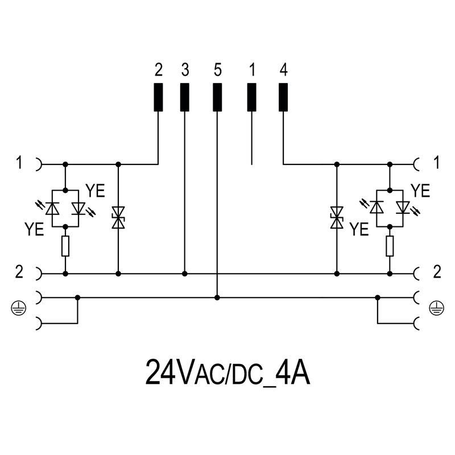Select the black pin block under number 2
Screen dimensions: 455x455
pyautogui.click(x=158, y=97)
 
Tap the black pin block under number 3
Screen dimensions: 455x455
pyautogui.click(x=184, y=97)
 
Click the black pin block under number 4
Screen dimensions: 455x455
pyautogui.click(x=283, y=97)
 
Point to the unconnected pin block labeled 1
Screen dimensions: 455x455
pyautogui.click(x=251, y=97)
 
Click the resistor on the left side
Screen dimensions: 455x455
pyautogui.click(x=65, y=246)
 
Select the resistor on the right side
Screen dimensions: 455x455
pyautogui.click(x=390, y=246)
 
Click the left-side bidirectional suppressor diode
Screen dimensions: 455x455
pyautogui.click(x=118, y=218)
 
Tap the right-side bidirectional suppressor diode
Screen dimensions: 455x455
pyautogui.click(x=337, y=218)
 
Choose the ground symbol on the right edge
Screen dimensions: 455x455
pyautogui.click(x=436, y=309)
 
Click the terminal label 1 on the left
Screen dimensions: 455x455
pyautogui.click(x=19, y=163)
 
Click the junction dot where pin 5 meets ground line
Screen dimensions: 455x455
pyautogui.click(x=217, y=297)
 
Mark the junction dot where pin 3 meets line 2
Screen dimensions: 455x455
pyautogui.click(x=184, y=274)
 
